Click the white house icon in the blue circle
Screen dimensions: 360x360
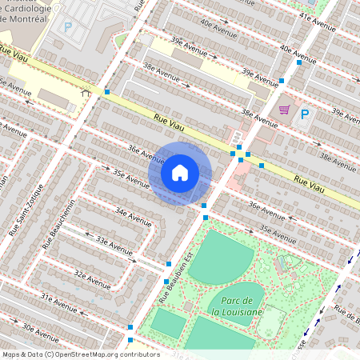180,173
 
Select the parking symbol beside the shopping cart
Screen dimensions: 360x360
304,114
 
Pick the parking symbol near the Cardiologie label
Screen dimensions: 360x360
68,26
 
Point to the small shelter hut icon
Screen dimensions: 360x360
86,91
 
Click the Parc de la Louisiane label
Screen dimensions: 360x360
236,304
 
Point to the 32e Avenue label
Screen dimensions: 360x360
92,279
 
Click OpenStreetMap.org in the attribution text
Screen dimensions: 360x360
84,354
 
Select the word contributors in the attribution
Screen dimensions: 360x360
138,354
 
